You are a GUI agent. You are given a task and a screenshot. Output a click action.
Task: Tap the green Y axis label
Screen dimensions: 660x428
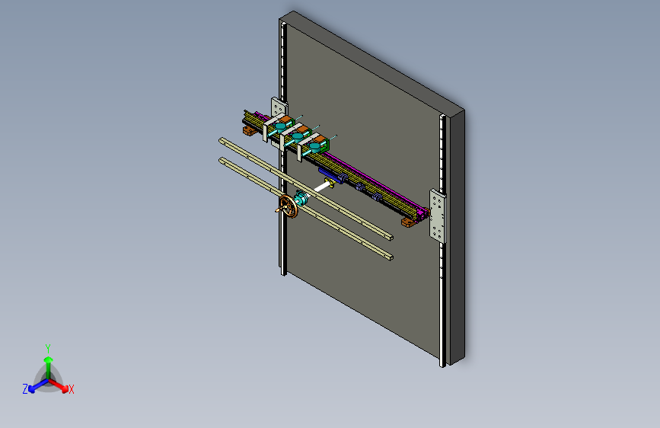[x=48, y=349]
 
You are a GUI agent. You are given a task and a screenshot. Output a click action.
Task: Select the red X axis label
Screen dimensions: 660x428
[x=72, y=390]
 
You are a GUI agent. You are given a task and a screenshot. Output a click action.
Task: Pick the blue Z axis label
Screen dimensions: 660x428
[x=25, y=389]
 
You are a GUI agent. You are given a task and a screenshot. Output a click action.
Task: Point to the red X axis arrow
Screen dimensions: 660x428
[x=59, y=385]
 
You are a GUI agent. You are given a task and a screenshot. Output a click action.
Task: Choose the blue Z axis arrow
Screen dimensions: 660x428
[x=39, y=385]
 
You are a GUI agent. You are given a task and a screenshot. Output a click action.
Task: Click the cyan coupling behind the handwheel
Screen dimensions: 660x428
[x=301, y=197]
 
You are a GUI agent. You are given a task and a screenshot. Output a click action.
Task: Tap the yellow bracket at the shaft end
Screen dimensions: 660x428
[x=330, y=182]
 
